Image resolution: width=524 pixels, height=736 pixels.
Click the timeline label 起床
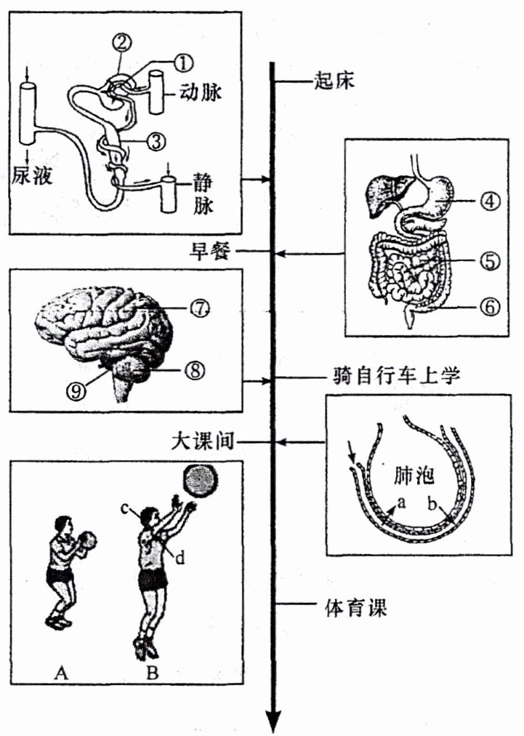click(x=335, y=79)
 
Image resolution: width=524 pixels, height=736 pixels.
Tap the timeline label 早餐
click(x=210, y=252)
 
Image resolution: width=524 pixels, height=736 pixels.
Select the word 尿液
click(x=32, y=175)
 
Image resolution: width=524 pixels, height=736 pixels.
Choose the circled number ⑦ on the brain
click(x=201, y=308)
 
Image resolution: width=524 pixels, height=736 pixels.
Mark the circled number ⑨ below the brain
click(x=77, y=390)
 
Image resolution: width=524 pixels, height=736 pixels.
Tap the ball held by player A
click(x=86, y=542)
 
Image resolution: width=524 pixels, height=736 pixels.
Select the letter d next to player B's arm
click(x=180, y=559)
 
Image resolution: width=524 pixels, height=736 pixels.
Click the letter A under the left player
click(x=61, y=673)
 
